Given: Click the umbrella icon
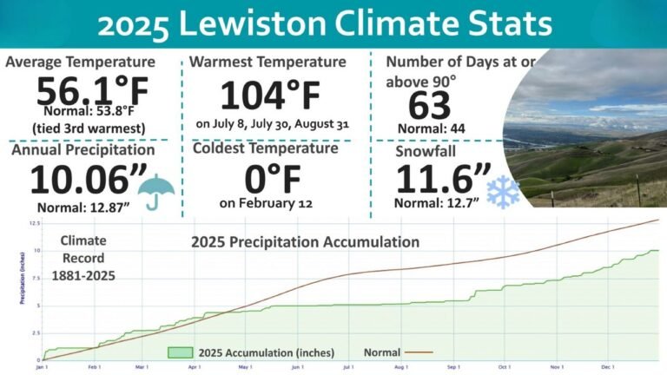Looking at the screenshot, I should click(x=157, y=190).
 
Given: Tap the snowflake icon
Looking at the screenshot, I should click(x=503, y=193).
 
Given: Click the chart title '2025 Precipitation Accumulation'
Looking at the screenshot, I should click(x=306, y=241).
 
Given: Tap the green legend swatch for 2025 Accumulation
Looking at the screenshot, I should click(x=180, y=352).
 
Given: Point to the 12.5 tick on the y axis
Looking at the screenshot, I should click(x=34, y=223).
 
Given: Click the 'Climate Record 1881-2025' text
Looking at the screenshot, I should click(x=83, y=259).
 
